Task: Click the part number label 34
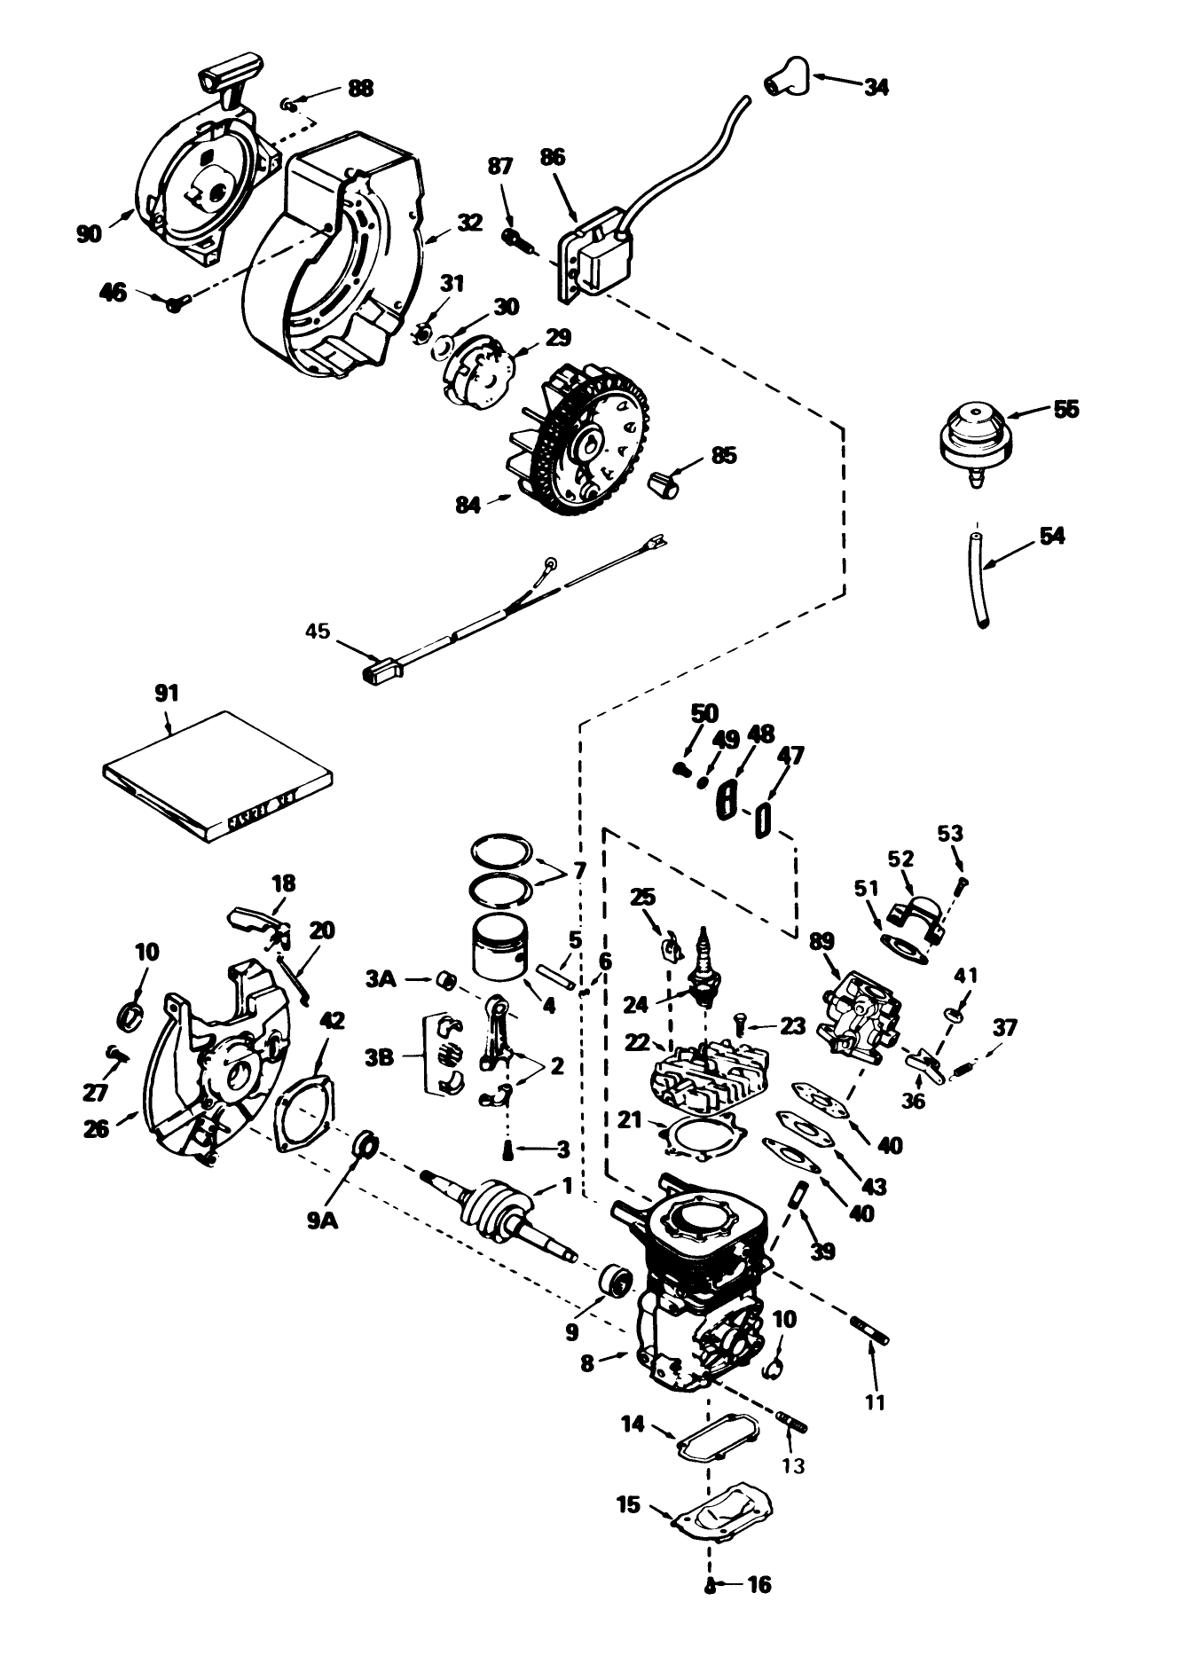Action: [876, 87]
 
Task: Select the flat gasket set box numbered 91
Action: [217, 776]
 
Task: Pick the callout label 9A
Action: [323, 1221]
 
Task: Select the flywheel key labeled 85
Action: [664, 484]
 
